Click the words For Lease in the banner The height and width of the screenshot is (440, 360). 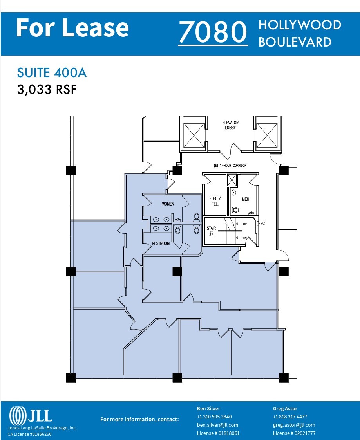tap(72, 28)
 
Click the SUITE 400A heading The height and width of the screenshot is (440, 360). tap(52, 73)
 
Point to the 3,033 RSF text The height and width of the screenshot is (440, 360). tap(47, 90)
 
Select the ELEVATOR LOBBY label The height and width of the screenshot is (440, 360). tap(230, 125)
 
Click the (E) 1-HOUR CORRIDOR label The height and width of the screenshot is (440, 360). tap(230, 166)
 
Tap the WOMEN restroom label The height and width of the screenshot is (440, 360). tap(168, 204)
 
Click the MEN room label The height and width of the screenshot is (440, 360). tap(246, 199)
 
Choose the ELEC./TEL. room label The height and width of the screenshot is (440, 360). tap(214, 201)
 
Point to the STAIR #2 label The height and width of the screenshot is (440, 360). tap(211, 231)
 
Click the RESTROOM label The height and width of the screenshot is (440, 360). tap(161, 243)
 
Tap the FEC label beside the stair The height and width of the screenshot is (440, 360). tap(261, 224)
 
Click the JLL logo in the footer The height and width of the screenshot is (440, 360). tap(31, 415)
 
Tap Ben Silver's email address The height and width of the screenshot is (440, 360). tap(217, 425)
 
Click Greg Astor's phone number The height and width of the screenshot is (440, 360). tap(290, 417)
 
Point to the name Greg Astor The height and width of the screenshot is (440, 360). tap(285, 409)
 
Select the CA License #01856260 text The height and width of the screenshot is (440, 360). tap(29, 434)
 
